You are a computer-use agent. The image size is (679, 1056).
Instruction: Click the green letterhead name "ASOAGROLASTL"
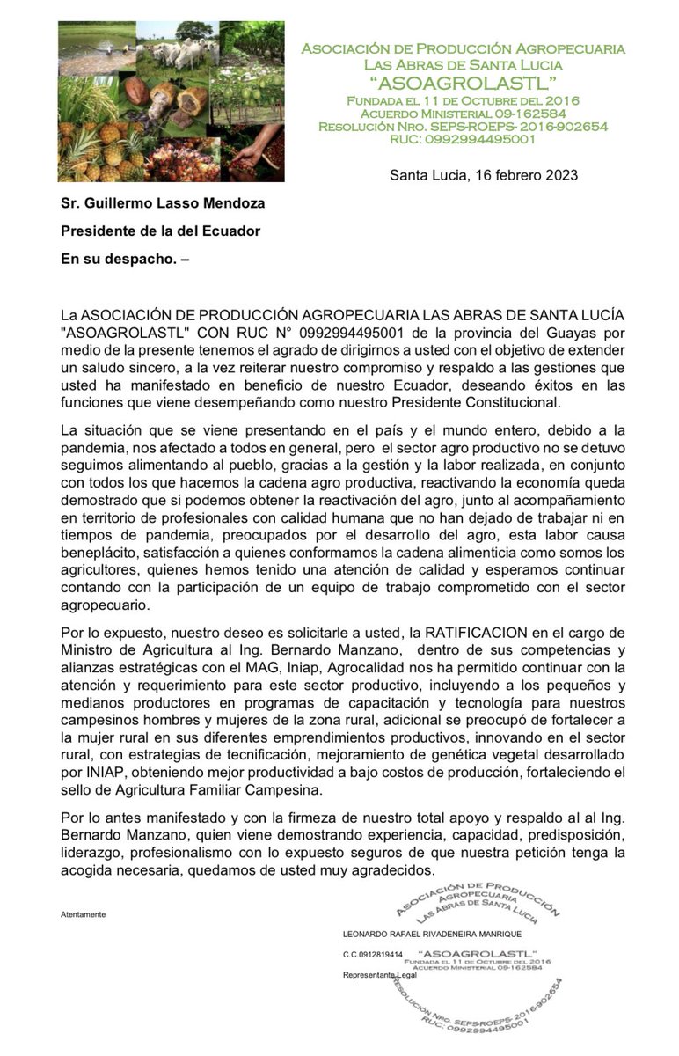463,84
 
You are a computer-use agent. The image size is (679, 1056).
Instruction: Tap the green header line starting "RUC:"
463,139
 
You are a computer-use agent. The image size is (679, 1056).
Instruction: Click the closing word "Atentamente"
83,914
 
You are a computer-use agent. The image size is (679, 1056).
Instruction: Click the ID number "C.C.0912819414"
372,954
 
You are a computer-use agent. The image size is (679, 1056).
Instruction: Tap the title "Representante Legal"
379,976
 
